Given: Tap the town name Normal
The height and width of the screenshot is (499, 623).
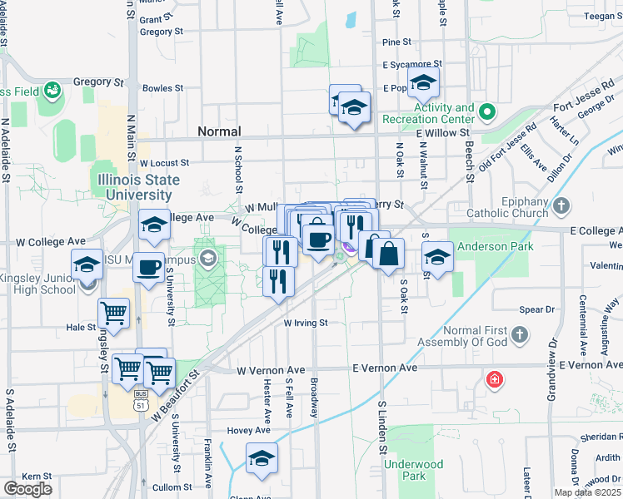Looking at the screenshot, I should pos(219,131).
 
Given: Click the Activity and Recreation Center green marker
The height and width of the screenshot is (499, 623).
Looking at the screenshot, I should pos(489,111).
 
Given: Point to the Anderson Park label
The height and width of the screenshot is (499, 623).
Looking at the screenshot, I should pos(487,245).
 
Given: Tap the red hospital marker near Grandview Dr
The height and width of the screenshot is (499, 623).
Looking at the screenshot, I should pos(496,380).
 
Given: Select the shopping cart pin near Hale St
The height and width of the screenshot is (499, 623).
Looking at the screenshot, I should pos(113,314).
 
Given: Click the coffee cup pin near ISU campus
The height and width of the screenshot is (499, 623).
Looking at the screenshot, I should pos(148,268).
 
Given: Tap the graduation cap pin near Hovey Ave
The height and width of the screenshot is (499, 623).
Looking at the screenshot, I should pos(262,458).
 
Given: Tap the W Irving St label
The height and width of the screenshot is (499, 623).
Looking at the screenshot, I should pos(307,323).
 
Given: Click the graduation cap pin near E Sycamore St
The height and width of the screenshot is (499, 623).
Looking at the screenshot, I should pos(423,84).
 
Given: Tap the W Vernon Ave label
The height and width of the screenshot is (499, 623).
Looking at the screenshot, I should pos(271,370).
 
